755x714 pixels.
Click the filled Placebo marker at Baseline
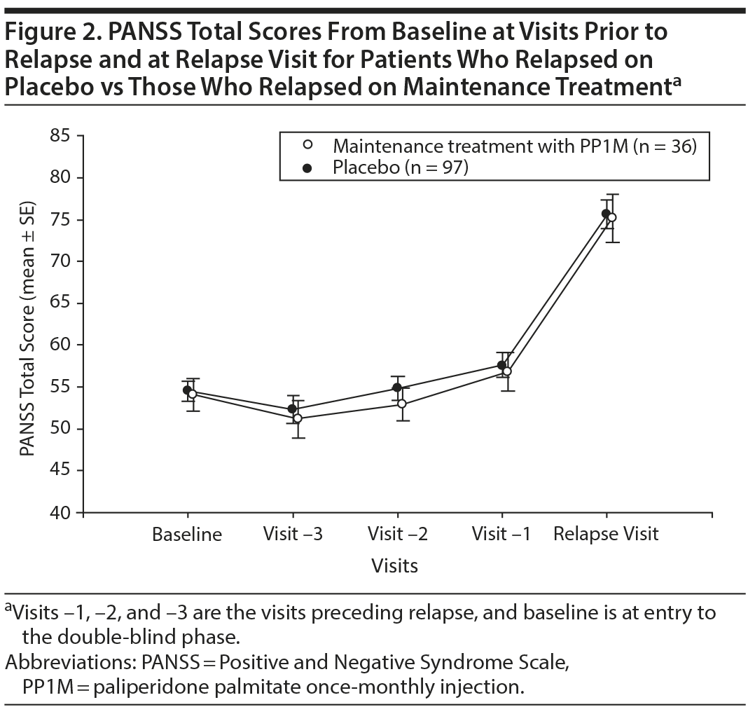[187, 390]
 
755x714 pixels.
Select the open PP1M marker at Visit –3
[298, 418]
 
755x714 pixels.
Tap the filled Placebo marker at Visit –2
[397, 387]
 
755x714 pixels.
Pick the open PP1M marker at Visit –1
[507, 371]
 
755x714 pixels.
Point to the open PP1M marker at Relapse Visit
[612, 217]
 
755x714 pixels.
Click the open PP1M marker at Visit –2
[402, 404]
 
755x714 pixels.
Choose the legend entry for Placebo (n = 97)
[400, 167]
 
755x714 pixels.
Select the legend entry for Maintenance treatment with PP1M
[514, 146]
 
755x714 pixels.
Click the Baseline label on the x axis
[187, 535]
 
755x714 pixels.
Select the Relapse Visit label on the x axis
[606, 535]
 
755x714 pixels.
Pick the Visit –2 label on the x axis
[397, 535]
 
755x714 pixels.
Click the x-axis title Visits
[395, 565]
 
